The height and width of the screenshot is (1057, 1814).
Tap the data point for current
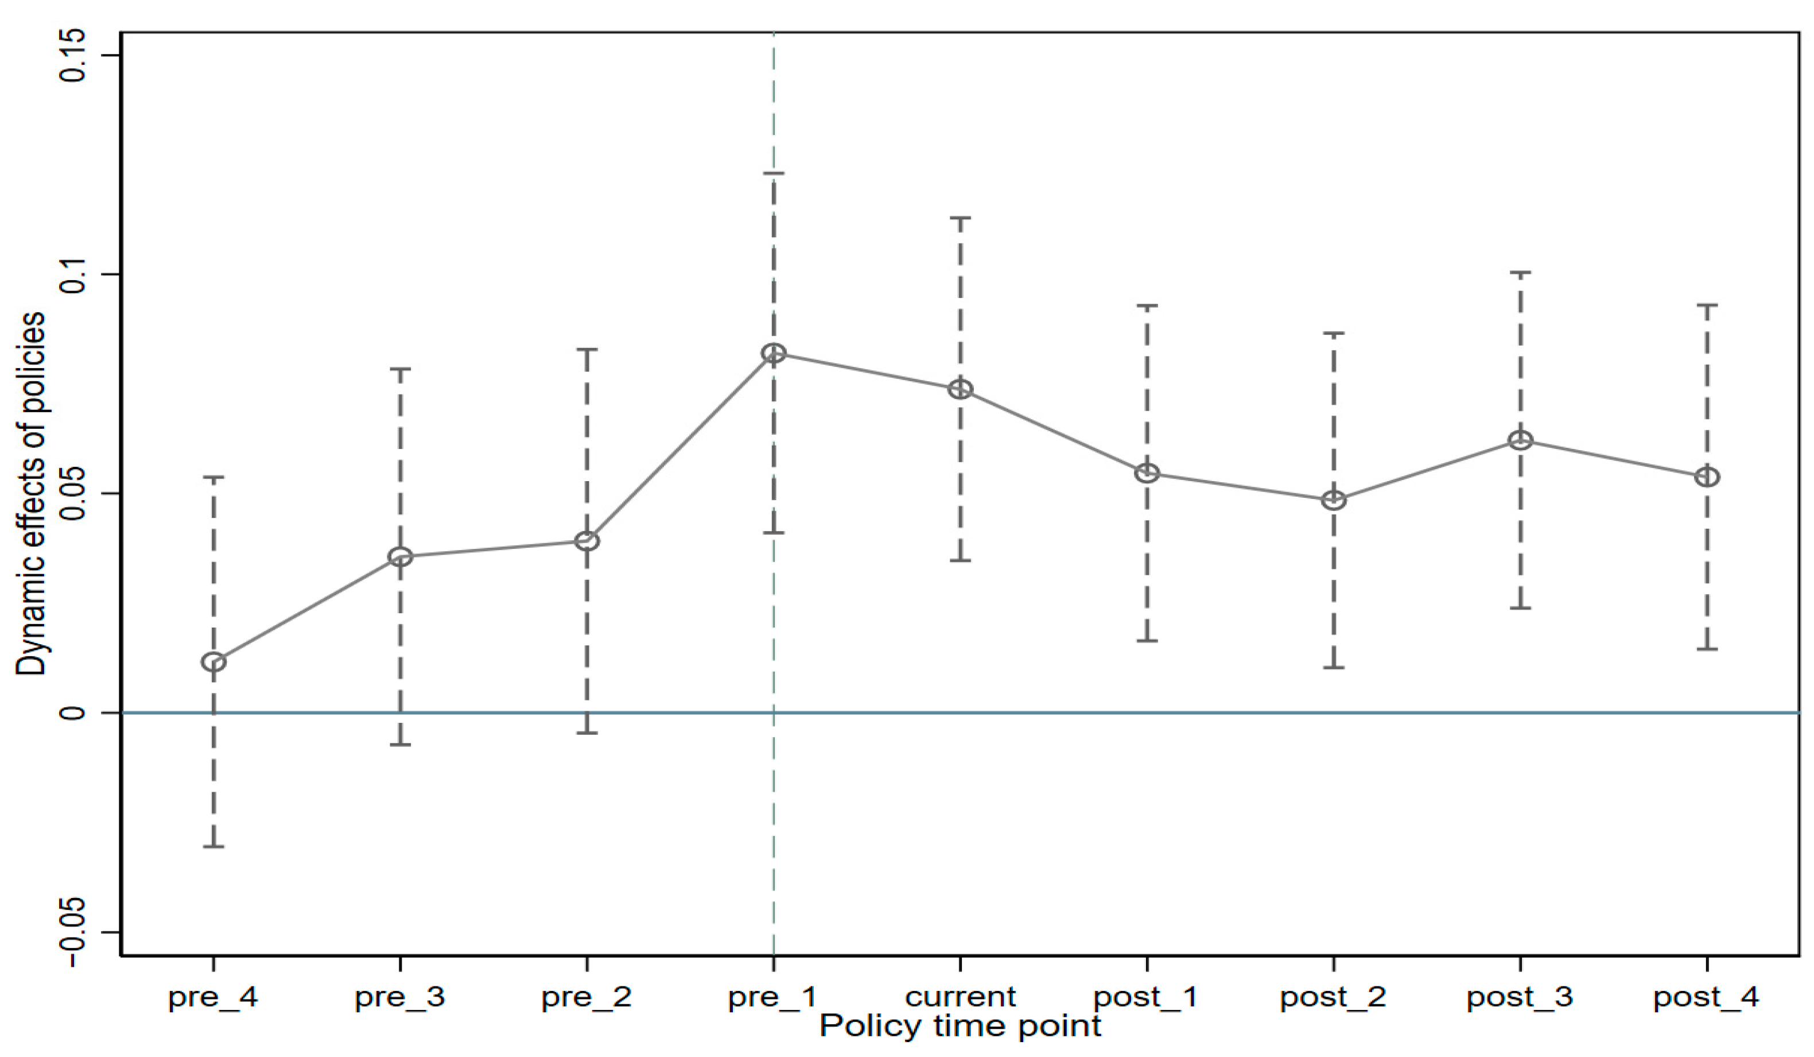click(x=960, y=389)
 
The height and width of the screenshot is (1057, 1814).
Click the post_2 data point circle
click(x=1334, y=500)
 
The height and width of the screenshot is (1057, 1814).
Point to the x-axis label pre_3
click(x=399, y=997)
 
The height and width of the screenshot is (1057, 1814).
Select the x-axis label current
click(x=960, y=997)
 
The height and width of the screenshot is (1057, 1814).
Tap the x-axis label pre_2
click(x=586, y=997)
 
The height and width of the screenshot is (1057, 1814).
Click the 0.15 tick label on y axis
click(x=72, y=56)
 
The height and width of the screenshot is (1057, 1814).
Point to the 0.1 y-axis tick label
click(x=72, y=274)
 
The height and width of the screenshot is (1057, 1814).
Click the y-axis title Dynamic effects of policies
click(x=30, y=494)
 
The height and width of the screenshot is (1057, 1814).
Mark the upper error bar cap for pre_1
click(x=774, y=173)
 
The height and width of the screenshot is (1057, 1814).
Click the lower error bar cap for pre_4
click(x=213, y=846)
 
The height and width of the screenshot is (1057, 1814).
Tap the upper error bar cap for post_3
click(x=1520, y=273)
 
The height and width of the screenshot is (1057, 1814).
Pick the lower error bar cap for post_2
click(x=1334, y=668)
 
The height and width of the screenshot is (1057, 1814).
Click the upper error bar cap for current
click(x=960, y=218)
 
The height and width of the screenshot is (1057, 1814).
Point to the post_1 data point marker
click(x=1147, y=473)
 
